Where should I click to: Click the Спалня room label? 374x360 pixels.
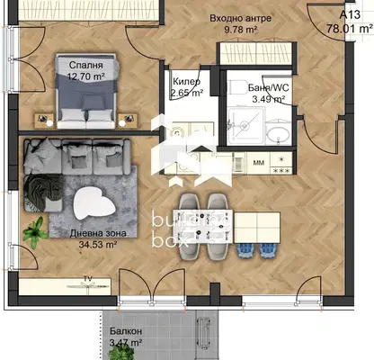click(x=85, y=65)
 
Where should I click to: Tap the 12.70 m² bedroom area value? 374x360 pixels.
click(x=85, y=76)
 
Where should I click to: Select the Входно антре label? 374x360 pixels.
click(x=240, y=18)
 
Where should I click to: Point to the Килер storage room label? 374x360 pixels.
click(x=187, y=82)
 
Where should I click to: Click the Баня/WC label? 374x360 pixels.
click(x=269, y=87)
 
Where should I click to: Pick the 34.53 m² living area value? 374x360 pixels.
click(x=98, y=245)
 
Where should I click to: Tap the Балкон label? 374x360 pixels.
click(x=126, y=331)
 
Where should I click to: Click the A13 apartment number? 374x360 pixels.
click(x=350, y=14)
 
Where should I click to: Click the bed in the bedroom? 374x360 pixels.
click(x=86, y=92)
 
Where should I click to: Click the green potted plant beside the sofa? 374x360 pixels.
click(x=35, y=232)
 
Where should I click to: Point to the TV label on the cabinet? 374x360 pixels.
click(x=87, y=279)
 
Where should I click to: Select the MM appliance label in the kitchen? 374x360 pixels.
click(x=259, y=163)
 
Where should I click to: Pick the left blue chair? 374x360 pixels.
click(x=245, y=251)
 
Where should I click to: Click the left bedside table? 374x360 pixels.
click(x=44, y=121)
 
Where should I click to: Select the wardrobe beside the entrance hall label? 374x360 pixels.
click(x=256, y=54)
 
